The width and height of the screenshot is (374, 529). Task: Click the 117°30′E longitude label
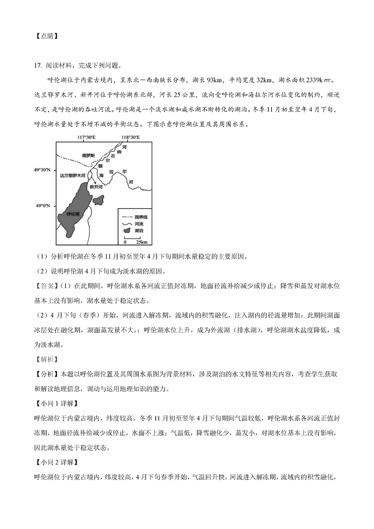[x=86, y=138]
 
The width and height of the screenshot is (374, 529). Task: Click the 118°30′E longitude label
[x=130, y=138]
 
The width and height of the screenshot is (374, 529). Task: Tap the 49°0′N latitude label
[x=46, y=206]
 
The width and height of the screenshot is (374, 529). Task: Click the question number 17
[x=39, y=65]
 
